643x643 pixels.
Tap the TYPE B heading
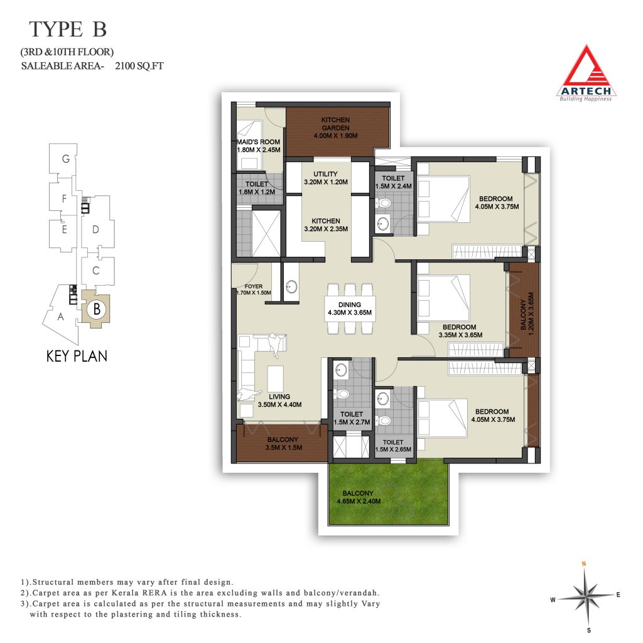(68, 30)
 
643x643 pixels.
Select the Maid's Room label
(258, 146)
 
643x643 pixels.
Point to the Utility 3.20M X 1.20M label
(326, 178)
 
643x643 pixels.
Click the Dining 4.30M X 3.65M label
(349, 308)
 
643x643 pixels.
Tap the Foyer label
(254, 289)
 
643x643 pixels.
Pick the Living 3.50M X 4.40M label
(279, 401)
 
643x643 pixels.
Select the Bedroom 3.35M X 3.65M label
(460, 331)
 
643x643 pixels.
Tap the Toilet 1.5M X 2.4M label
(393, 182)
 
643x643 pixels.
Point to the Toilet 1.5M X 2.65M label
(393, 446)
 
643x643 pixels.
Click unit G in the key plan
(65, 159)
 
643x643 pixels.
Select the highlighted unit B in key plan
(96, 308)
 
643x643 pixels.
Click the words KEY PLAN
(77, 356)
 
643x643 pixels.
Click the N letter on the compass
(584, 564)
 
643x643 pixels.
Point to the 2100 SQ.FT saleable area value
(139, 65)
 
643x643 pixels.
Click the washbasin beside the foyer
(291, 286)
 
